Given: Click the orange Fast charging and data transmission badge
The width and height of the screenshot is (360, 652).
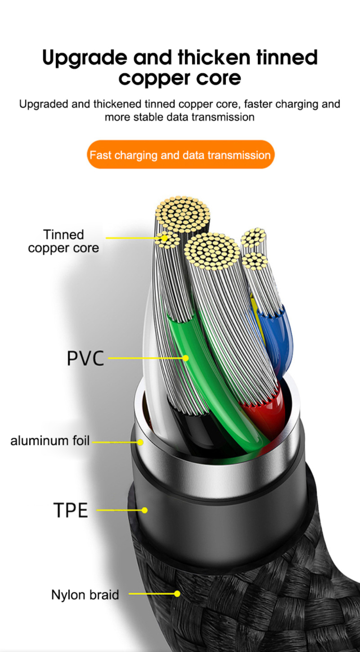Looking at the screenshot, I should tap(180, 155).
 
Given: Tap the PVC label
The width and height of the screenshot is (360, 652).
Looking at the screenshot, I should tap(85, 358).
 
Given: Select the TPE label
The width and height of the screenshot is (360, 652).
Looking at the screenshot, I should tap(71, 510).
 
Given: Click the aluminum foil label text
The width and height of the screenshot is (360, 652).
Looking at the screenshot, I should tap(50, 441).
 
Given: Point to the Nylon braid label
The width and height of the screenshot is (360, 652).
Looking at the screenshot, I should tap(85, 594).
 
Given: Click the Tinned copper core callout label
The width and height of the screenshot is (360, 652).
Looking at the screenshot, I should tap(63, 241).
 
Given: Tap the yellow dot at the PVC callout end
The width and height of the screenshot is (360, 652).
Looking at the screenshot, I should tap(185, 358).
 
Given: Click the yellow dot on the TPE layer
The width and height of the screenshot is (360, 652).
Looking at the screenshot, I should tap(144, 510).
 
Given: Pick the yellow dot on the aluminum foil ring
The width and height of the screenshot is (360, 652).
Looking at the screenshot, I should tap(140, 442).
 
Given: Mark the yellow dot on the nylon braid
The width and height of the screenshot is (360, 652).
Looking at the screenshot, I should tap(177, 594).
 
